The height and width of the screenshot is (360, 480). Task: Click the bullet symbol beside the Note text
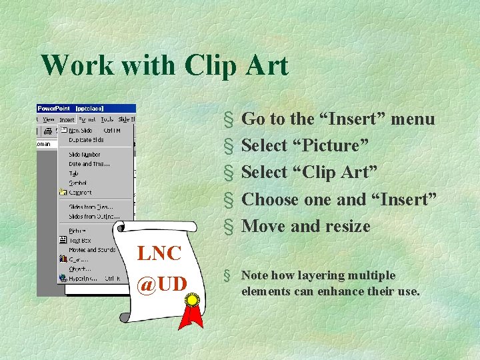[228, 275]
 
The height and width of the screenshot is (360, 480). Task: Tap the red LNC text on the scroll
[159, 253]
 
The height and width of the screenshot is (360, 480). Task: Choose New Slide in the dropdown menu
[81, 131]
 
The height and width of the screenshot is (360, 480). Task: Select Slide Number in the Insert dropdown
[84, 155]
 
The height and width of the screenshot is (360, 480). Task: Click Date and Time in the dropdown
[89, 164]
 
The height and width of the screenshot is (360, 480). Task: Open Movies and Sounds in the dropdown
[91, 250]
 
